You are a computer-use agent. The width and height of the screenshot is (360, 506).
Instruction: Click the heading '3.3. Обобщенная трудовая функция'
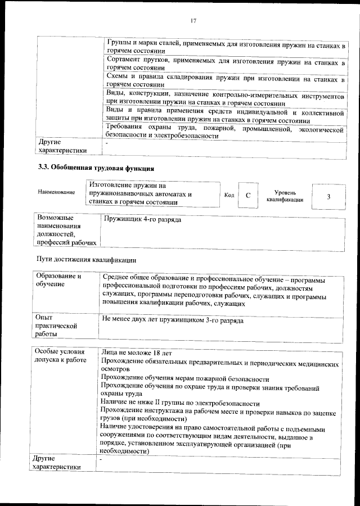coord(96,168)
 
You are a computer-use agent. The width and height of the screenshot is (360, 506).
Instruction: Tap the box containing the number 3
coord(328,196)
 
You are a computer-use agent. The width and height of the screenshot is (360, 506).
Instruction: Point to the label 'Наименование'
coord(56,192)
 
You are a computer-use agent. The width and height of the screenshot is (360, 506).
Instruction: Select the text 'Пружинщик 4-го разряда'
coord(142,219)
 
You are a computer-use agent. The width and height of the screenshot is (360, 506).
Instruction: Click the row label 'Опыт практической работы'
coord(55,326)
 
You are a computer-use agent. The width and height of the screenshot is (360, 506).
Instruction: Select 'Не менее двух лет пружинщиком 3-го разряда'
coord(173,319)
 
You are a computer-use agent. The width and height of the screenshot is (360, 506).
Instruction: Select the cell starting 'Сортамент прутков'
coord(224,64)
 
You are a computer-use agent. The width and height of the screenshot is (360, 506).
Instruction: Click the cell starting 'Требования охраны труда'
coord(224,133)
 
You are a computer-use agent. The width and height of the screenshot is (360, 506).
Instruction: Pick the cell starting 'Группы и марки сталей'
coord(224,46)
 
